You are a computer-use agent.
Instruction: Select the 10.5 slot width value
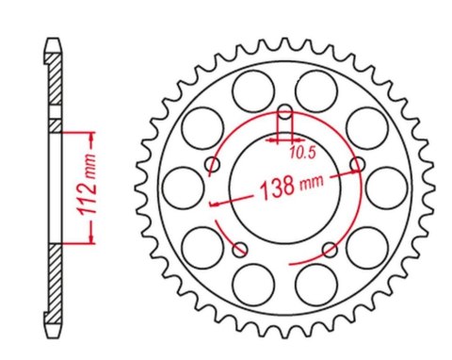pos(301,150)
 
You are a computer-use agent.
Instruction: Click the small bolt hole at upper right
pos(356,166)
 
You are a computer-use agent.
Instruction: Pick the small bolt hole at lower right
pos(329,249)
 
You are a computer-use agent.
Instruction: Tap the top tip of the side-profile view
pos(56,41)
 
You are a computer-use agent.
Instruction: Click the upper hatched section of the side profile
pos(56,89)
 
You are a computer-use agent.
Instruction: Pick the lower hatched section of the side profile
pos(56,277)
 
